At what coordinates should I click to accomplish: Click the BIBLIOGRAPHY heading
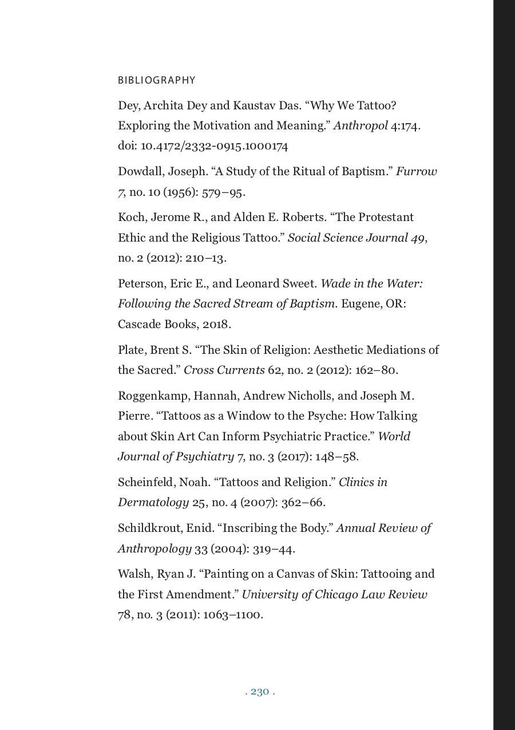pos(156,81)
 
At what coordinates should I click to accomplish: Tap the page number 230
pos(260,692)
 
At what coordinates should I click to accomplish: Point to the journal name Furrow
pos(417,172)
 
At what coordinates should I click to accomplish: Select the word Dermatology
pos(153,503)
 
